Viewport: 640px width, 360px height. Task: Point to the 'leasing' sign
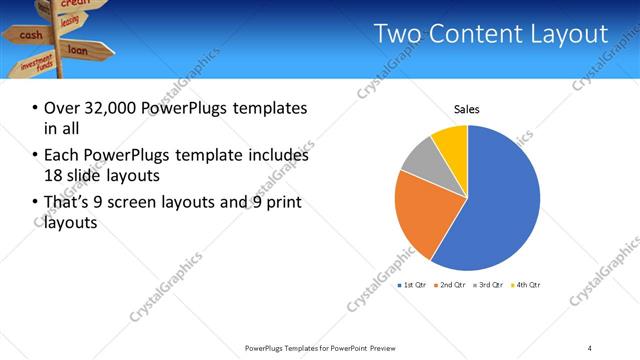(x=70, y=21)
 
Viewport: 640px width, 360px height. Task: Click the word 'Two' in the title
(x=398, y=34)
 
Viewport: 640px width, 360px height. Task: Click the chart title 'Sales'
(x=467, y=107)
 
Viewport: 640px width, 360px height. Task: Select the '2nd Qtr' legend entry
(x=449, y=286)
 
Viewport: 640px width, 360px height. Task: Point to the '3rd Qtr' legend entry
(x=487, y=286)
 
